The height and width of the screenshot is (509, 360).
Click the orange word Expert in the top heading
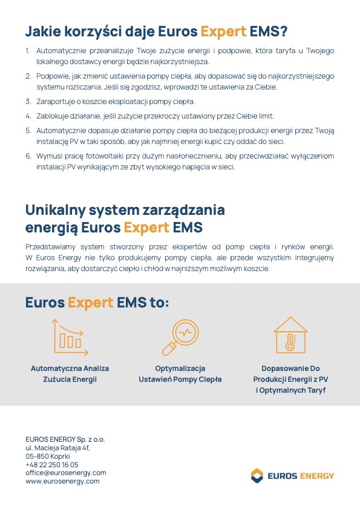click(x=223, y=30)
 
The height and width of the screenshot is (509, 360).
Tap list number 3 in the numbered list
click(x=28, y=101)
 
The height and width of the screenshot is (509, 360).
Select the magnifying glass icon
click(x=180, y=337)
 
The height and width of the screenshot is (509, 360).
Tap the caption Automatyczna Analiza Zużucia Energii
click(x=70, y=374)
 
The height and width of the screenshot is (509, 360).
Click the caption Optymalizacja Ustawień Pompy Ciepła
click(x=180, y=374)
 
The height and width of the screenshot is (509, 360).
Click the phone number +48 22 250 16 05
click(x=52, y=464)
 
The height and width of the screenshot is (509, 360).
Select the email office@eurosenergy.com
click(x=65, y=473)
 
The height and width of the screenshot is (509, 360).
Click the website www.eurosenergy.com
click(x=62, y=481)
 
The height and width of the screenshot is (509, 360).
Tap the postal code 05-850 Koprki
click(x=48, y=456)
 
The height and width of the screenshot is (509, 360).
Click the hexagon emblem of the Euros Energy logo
click(x=257, y=475)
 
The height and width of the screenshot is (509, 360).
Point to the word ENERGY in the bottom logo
click(x=316, y=476)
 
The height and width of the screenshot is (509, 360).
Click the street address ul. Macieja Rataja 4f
click(x=57, y=447)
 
